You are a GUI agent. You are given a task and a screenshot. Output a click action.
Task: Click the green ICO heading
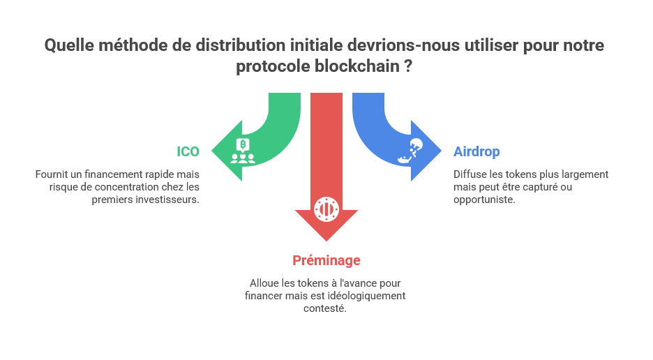[x=188, y=151]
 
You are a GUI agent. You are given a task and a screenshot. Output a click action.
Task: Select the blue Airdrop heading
[x=476, y=151]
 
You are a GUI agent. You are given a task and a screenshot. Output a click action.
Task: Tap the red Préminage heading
[x=326, y=260]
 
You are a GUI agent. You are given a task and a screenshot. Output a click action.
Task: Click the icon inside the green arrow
[x=242, y=151]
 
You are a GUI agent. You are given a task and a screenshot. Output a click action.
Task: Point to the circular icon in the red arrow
[x=326, y=208]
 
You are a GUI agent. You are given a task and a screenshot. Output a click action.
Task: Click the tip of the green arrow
[x=211, y=151]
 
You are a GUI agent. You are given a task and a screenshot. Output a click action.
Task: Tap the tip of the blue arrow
[x=442, y=151]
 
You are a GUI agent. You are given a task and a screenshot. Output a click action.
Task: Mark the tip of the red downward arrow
[x=326, y=241]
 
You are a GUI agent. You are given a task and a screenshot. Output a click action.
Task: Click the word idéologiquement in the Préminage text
[x=369, y=296]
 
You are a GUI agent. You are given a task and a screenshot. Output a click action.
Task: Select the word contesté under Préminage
[x=325, y=308]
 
